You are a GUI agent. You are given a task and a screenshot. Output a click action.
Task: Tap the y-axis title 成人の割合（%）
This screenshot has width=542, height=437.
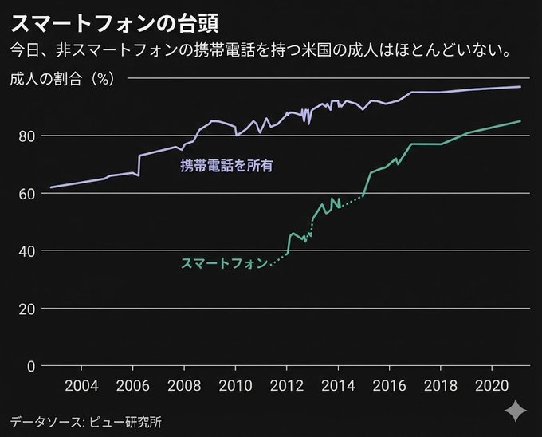point(65,78)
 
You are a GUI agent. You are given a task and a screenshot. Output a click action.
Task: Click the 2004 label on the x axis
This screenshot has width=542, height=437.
point(82,387)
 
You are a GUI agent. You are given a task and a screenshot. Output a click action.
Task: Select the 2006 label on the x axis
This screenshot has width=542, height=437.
point(133,387)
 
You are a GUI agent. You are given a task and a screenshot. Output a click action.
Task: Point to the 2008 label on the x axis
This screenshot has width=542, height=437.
point(184,387)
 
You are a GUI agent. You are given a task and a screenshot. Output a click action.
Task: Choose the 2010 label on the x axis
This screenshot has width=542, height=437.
point(235,387)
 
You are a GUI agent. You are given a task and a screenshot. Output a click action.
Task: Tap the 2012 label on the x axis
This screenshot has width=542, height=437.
point(287,387)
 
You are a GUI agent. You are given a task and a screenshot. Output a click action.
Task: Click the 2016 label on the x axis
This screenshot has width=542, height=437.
point(389,387)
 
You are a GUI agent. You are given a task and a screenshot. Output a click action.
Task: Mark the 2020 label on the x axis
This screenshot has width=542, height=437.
point(491,387)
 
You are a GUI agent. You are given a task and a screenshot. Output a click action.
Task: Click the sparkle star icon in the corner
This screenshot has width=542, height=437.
point(515,410)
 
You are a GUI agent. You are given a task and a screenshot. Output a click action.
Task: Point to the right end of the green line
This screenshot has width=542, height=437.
point(520,121)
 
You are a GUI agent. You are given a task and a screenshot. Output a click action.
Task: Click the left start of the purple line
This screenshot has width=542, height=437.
point(51,187)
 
